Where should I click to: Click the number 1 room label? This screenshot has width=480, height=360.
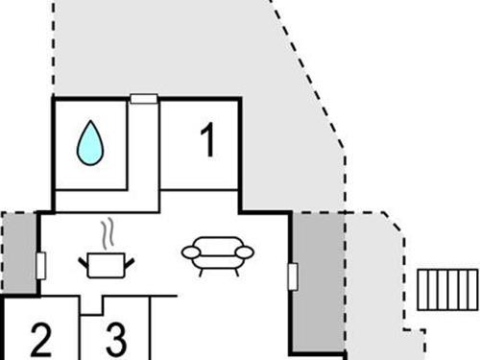pyautogui.click(x=207, y=141)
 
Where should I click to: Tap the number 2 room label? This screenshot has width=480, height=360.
pyautogui.click(x=40, y=339)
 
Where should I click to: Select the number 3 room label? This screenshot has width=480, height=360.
pyautogui.click(x=115, y=339)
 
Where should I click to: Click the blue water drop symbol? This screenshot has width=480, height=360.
pyautogui.click(x=90, y=143)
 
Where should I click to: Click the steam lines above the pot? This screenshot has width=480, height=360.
pyautogui.click(x=109, y=233)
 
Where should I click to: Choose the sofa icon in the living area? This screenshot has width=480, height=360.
pyautogui.click(x=218, y=254)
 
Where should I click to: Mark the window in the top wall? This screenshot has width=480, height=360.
pyautogui.click(x=144, y=98)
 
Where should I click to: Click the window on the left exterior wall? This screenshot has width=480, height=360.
pyautogui.click(x=40, y=265)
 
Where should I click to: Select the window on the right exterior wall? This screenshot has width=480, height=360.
pyautogui.click(x=292, y=276)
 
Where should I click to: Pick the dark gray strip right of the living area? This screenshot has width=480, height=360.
pyautogui.click(x=318, y=284)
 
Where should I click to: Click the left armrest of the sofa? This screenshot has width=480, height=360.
pyautogui.click(x=189, y=253)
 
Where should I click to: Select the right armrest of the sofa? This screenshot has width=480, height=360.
pyautogui.click(x=246, y=253)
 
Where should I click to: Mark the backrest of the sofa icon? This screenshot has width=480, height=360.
pyautogui.click(x=218, y=244)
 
